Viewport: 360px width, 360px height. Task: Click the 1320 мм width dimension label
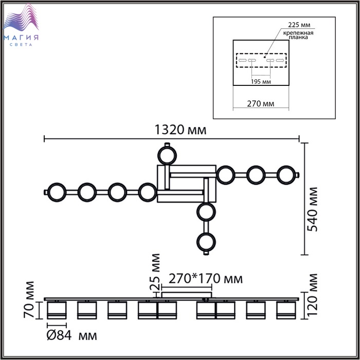(181, 130)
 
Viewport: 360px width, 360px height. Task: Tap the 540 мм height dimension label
(313, 209)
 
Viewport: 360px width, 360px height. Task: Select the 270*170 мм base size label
(206, 279)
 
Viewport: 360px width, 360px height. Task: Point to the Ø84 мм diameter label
(71, 335)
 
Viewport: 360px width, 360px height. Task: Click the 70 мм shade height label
(29, 300)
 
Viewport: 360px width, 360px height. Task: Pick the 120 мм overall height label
(313, 295)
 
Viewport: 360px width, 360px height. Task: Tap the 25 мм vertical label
(155, 272)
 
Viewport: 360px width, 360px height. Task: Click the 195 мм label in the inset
(261, 82)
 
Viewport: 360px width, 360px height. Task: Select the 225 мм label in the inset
(299, 25)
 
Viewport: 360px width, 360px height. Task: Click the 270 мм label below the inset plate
(261, 104)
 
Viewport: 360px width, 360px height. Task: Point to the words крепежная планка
(298, 35)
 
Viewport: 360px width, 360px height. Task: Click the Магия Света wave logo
(21, 25)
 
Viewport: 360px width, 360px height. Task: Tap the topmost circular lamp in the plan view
(167, 155)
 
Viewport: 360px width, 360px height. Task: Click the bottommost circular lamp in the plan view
(206, 242)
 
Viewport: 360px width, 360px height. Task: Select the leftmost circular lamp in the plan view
(57, 192)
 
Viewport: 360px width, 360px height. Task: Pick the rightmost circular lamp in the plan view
(286, 175)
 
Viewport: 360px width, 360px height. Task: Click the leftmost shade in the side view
(57, 310)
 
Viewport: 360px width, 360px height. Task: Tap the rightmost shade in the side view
(286, 310)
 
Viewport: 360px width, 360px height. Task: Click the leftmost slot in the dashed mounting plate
(242, 60)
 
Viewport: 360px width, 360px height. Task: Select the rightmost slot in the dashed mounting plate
(280, 60)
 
